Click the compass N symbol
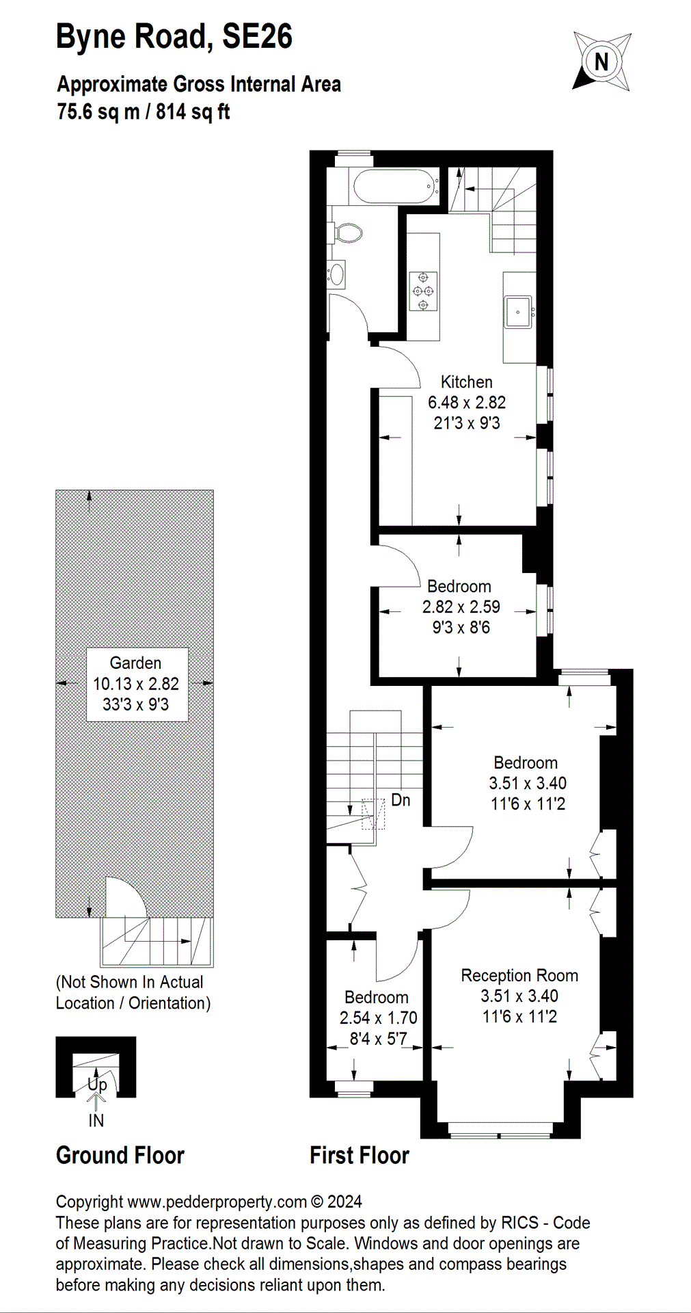pyautogui.click(x=601, y=62)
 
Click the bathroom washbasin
pyautogui.click(x=336, y=274)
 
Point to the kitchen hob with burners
pyautogui.click(x=423, y=291)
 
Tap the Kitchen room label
pyautogui.click(x=466, y=382)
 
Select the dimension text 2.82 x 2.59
pyautogui.click(x=461, y=607)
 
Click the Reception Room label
pyautogui.click(x=519, y=975)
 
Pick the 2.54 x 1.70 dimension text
pyautogui.click(x=378, y=1018)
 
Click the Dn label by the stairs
pyautogui.click(x=401, y=800)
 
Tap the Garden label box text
pyautogui.click(x=135, y=663)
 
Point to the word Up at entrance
pyautogui.click(x=97, y=1084)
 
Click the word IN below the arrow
pyautogui.click(x=96, y=1120)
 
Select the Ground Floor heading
pyautogui.click(x=120, y=1155)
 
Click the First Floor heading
pyautogui.click(x=359, y=1155)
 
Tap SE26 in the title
pyautogui.click(x=257, y=36)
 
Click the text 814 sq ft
pyautogui.click(x=193, y=111)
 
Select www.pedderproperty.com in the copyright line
pyautogui.click(x=217, y=1202)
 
